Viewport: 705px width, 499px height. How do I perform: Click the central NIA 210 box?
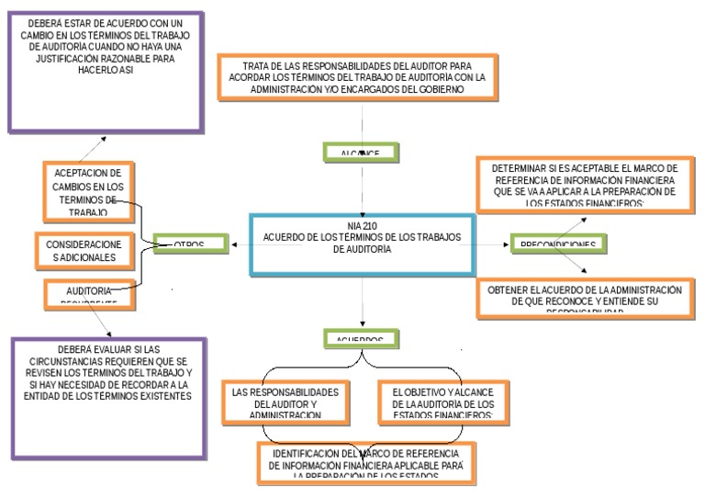click(x=363, y=244)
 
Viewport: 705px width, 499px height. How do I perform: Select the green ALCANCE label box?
click(x=363, y=152)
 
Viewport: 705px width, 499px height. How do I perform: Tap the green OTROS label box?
click(x=190, y=244)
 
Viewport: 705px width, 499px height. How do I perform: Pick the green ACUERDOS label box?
click(x=363, y=337)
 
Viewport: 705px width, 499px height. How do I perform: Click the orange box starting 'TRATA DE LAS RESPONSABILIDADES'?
click(x=363, y=77)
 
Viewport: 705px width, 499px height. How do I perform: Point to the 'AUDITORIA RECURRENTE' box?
click(x=83, y=293)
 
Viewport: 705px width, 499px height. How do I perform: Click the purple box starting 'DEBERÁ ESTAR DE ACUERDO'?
click(x=104, y=70)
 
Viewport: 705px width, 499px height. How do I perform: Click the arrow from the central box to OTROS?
click(x=239, y=244)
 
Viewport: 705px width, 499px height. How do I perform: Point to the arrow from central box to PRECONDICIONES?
click(x=496, y=244)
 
